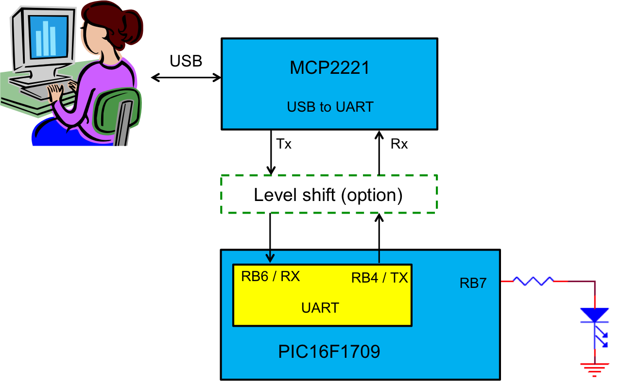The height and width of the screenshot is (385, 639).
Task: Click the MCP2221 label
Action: click(329, 67)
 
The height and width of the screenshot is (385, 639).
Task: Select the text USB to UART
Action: click(330, 107)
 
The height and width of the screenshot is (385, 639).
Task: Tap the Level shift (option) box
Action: click(329, 194)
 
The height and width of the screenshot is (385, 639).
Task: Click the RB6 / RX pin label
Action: click(270, 277)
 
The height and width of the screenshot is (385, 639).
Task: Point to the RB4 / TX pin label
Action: click(380, 278)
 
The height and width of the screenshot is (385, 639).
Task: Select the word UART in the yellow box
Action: click(320, 308)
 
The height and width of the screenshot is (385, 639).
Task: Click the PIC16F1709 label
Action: click(329, 352)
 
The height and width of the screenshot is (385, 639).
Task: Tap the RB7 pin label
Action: click(473, 284)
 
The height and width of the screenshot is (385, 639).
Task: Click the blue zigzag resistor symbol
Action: click(533, 281)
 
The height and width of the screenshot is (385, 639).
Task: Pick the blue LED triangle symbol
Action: click(595, 315)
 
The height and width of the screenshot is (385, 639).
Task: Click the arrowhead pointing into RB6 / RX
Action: click(270, 257)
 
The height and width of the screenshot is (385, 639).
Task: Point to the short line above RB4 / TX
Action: click(379, 256)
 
